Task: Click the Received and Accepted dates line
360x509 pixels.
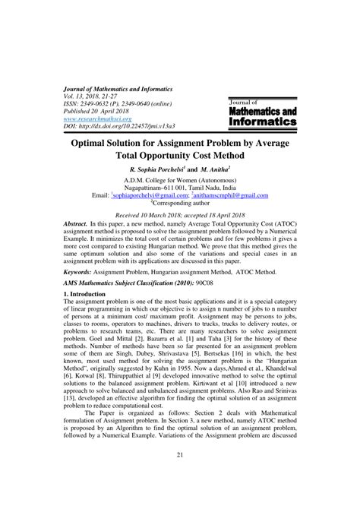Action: click(179, 216)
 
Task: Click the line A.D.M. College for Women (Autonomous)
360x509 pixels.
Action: click(179, 180)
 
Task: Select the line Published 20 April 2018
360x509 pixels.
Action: click(99, 111)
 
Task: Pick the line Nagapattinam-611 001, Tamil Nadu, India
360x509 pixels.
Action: click(179, 188)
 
